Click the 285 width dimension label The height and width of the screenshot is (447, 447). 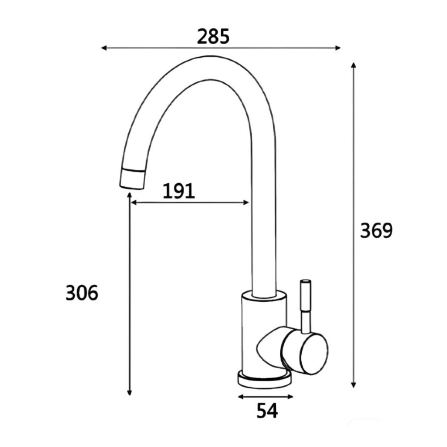[213, 37]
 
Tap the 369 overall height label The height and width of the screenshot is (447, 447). [376, 231]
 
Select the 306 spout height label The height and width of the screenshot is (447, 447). [82, 293]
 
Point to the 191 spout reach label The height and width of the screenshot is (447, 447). [178, 191]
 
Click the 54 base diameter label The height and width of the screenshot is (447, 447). [267, 411]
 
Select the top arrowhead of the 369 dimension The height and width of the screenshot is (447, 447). [354, 65]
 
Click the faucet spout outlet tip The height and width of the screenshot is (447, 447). [132, 180]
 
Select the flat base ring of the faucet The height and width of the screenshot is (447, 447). [264, 380]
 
